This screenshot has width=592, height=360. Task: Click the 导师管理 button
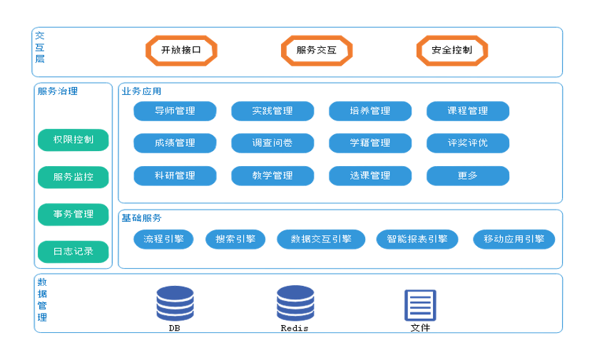tap(174, 110)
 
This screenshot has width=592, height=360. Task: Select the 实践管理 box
tap(272, 110)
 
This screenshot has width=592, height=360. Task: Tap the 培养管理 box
tap(370, 110)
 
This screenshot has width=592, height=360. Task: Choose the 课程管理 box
tap(468, 110)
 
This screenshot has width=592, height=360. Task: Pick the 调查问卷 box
tap(272, 143)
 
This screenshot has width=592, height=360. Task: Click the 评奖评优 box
tap(468, 143)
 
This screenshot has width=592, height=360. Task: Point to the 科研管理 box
tap(174, 175)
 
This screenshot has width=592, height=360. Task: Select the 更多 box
tap(468, 175)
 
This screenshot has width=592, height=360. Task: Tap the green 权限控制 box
tap(73, 140)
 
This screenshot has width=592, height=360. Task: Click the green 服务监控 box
tap(73, 177)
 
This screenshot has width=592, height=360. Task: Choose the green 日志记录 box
tap(73, 251)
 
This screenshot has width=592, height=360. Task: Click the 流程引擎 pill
tap(163, 239)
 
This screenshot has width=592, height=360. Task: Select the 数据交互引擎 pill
tap(321, 239)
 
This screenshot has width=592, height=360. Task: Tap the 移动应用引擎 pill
tap(514, 239)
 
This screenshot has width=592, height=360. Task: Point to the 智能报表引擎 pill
tap(417, 239)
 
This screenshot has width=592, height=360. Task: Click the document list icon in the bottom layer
tap(420, 305)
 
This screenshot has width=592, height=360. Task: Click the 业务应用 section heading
tap(141, 91)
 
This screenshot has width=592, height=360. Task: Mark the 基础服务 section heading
tap(141, 217)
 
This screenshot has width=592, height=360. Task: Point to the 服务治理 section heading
tap(58, 91)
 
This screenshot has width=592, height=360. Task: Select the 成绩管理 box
tap(174, 143)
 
